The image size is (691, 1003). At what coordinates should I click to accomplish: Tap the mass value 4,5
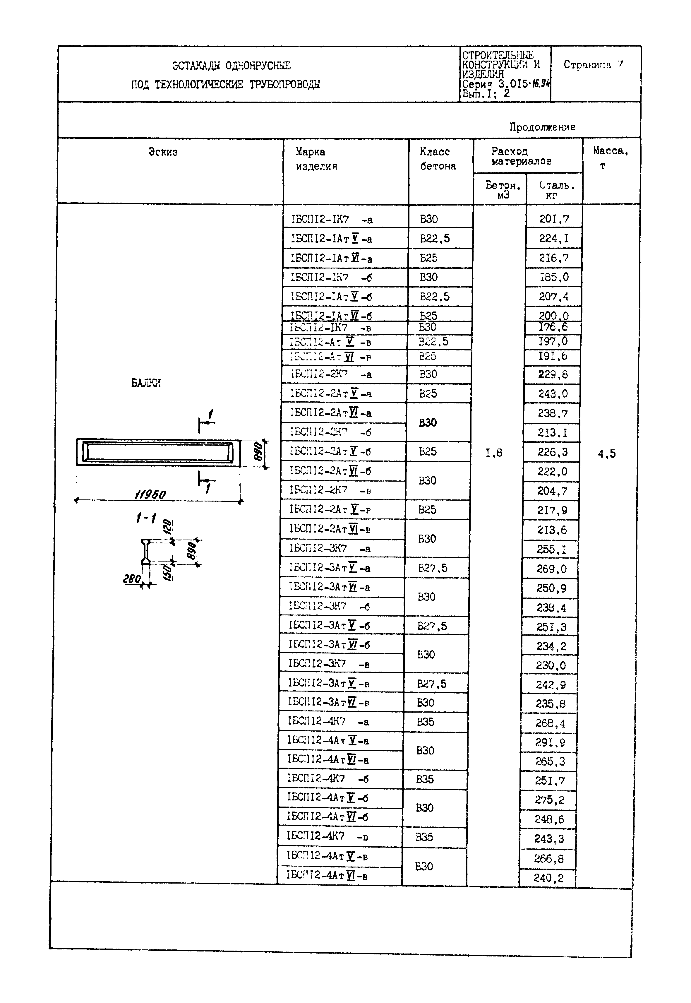click(607, 454)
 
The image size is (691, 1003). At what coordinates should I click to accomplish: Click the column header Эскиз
click(163, 152)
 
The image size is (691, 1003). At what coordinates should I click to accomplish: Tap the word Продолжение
click(542, 127)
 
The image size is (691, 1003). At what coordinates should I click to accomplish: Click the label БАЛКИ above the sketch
click(146, 383)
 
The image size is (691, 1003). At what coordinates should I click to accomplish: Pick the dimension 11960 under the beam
click(150, 494)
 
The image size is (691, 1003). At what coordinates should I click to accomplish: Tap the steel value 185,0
click(554, 277)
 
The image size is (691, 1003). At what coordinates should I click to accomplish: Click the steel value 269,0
click(551, 569)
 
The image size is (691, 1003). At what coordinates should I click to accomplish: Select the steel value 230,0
click(550, 665)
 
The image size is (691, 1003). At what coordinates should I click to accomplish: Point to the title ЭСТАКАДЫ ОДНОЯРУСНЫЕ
click(231, 66)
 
